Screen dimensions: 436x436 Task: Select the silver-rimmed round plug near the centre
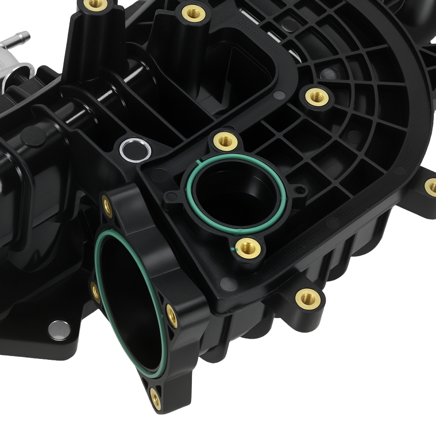(x=135, y=149)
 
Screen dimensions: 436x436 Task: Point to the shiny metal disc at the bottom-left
(x=59, y=329)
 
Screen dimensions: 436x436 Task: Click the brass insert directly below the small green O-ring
(x=250, y=249)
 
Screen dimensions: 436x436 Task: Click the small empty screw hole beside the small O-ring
(x=298, y=190)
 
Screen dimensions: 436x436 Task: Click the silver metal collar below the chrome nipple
(x=15, y=70)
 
